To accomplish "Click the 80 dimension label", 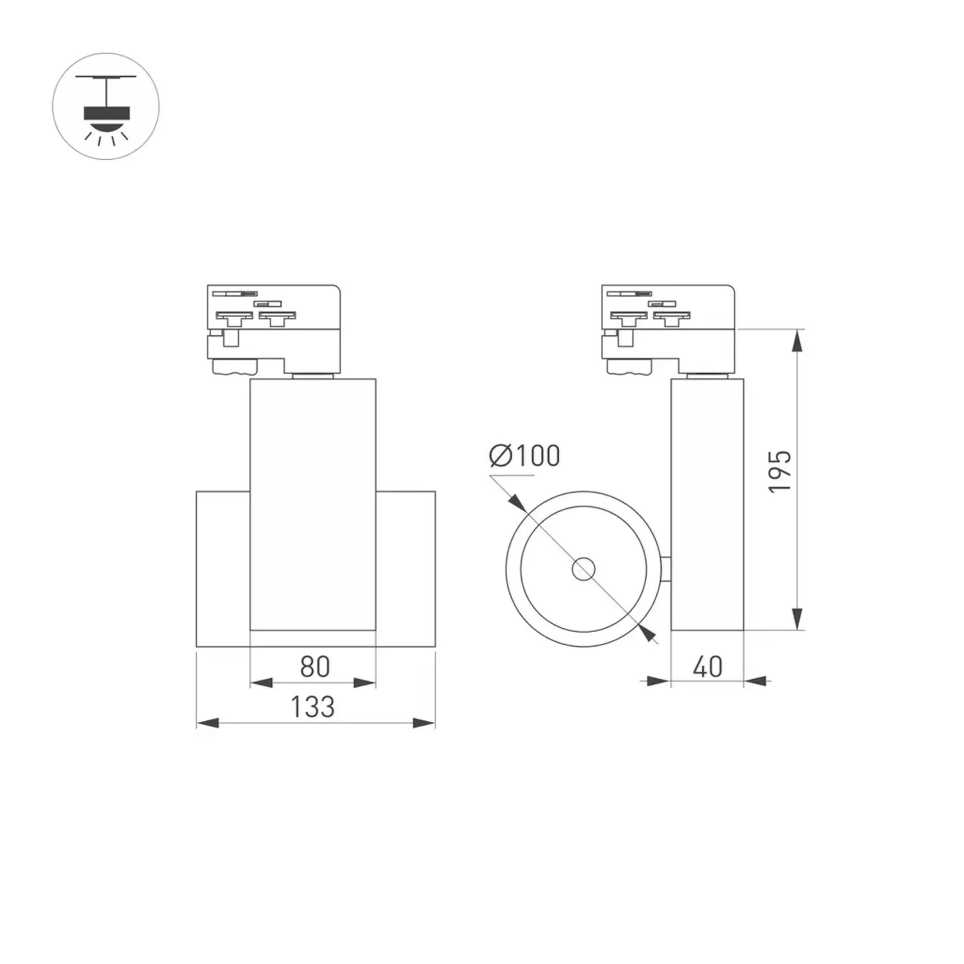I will pyautogui.click(x=315, y=667).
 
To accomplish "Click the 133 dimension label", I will pyautogui.click(x=313, y=707).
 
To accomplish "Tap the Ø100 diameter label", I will pyautogui.click(x=525, y=456).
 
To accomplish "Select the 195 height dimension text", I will pyautogui.click(x=780, y=471).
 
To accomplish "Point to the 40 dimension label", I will pyautogui.click(x=707, y=667).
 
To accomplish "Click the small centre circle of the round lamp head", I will pyautogui.click(x=583, y=569).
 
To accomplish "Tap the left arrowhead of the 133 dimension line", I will pyautogui.click(x=207, y=723).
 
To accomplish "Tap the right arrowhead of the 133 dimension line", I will pyautogui.click(x=424, y=723).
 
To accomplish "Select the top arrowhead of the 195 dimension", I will pyautogui.click(x=797, y=341).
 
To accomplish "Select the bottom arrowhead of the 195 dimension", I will pyautogui.click(x=797, y=619).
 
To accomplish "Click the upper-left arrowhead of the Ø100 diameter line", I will pyautogui.click(x=517, y=503).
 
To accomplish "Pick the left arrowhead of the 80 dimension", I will pyautogui.click(x=261, y=683).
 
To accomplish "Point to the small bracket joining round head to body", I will pyautogui.click(x=666, y=569).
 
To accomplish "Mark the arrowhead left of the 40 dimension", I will pyautogui.click(x=659, y=681).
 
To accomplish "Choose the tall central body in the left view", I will pyautogui.click(x=313, y=504).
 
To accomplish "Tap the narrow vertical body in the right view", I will pyautogui.click(x=707, y=504).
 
